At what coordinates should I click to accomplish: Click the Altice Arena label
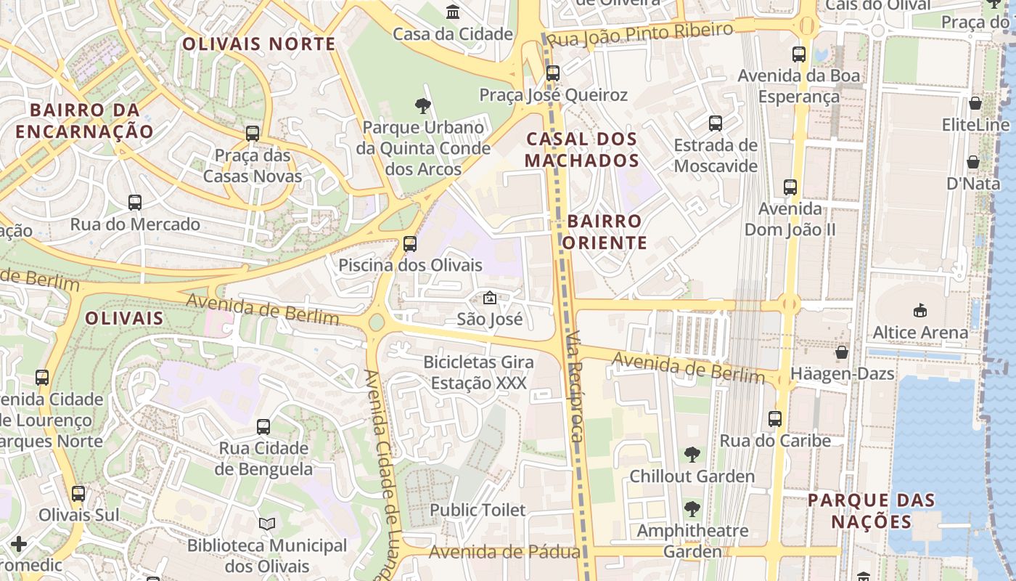tap(920, 333)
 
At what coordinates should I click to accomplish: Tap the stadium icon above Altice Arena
tap(920, 310)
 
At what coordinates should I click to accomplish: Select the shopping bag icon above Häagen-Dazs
tap(842, 353)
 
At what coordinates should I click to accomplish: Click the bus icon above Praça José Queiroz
tap(553, 73)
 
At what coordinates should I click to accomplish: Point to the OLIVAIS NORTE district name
tap(259, 44)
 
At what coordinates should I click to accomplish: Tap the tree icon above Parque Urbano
tap(423, 106)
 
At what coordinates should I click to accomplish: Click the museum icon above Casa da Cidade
tap(453, 12)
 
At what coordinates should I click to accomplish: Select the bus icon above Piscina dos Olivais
tap(410, 243)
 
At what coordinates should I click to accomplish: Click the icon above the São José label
tap(490, 298)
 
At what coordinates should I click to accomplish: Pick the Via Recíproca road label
tap(575, 386)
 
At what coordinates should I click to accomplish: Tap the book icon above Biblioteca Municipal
tap(267, 524)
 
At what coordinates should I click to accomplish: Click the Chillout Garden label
tap(692, 476)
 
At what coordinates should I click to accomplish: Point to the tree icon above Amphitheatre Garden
tap(692, 508)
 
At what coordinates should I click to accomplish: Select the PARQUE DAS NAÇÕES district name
tap(871, 511)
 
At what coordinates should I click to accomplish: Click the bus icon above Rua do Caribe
tap(775, 419)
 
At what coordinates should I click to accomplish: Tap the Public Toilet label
tap(478, 510)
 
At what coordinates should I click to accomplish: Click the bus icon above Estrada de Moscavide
tap(716, 123)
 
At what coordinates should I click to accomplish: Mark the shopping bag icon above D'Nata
tap(973, 162)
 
